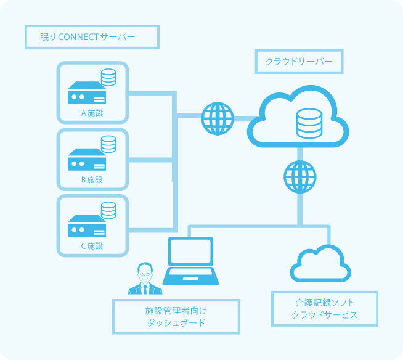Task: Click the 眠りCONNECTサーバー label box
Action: click(92, 37)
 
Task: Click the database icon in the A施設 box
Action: click(108, 77)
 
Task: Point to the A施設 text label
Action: click(92, 113)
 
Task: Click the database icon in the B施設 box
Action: click(108, 144)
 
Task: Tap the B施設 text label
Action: click(92, 180)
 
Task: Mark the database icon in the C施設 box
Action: click(108, 210)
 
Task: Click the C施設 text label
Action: click(92, 246)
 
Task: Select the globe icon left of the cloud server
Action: click(218, 118)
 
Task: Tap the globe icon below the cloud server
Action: click(300, 176)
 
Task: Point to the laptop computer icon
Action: click(191, 261)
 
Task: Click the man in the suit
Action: click(144, 279)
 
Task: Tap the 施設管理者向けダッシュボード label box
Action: click(176, 317)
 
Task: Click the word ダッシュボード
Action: click(176, 324)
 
